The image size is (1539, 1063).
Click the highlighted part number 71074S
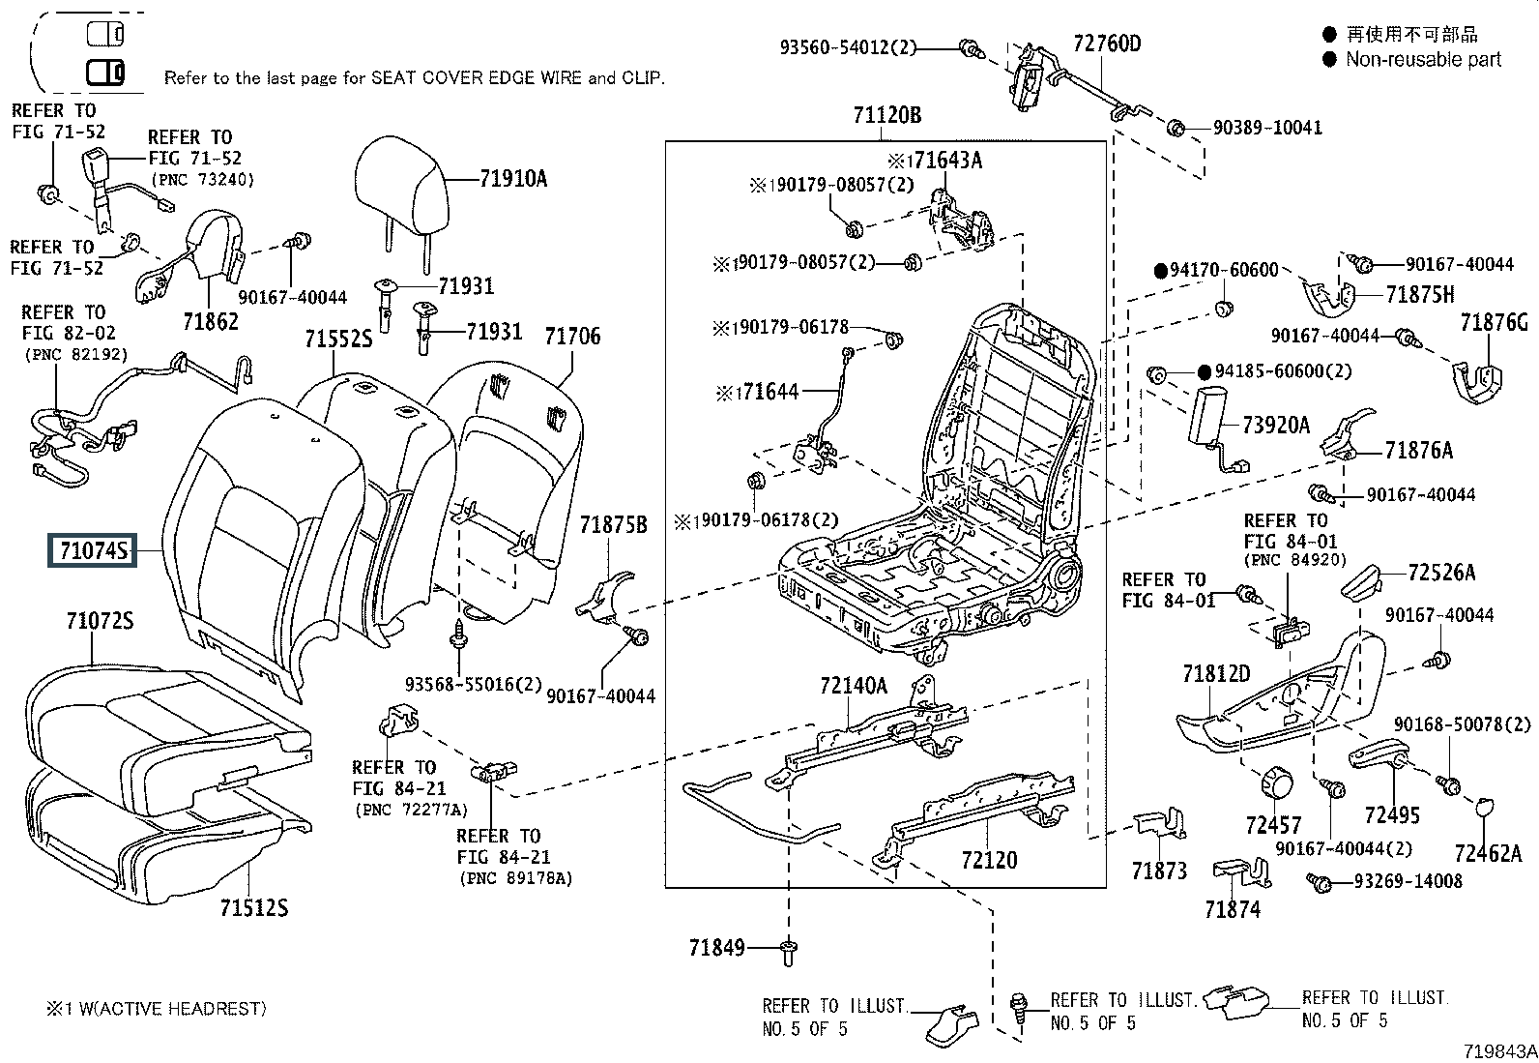(x=93, y=550)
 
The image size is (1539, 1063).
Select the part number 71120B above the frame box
(x=886, y=116)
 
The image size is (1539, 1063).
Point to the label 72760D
(x=1106, y=44)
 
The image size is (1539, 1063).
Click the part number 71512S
(x=253, y=907)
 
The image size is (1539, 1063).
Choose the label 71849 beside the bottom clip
(x=716, y=948)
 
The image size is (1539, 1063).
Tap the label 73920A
(x=1275, y=425)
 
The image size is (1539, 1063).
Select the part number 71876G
(x=1494, y=322)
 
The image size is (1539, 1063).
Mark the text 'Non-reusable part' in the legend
(x=1423, y=60)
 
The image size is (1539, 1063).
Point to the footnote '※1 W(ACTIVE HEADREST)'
(x=155, y=1009)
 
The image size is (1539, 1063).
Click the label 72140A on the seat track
(x=853, y=686)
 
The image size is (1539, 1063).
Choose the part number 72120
(x=989, y=859)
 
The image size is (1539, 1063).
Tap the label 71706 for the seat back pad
(x=571, y=336)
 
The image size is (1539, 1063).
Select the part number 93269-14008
(x=1408, y=881)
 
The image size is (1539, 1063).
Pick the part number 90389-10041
(x=1268, y=128)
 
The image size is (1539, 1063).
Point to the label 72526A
(x=1441, y=572)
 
